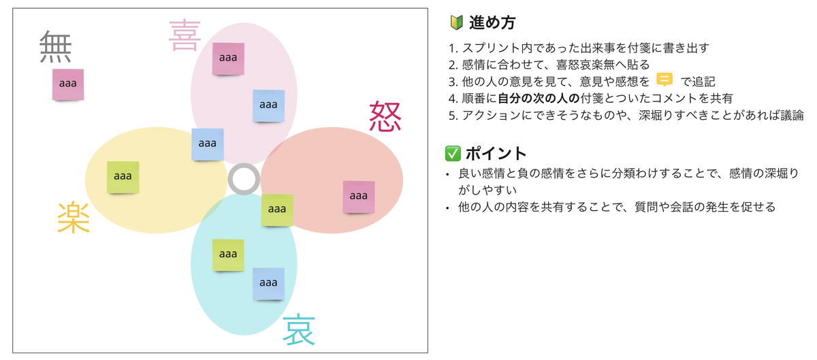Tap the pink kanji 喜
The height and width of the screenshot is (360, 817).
point(184,35)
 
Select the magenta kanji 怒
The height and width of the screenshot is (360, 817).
point(385,116)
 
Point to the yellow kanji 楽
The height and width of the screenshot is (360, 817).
point(74,218)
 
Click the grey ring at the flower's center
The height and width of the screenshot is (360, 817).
point(243,179)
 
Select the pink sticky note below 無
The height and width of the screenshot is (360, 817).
point(68,84)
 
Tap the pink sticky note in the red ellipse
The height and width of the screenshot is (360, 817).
point(359,197)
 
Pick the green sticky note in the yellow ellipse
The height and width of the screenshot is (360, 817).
point(123,177)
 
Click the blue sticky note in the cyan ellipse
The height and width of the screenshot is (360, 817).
point(268,284)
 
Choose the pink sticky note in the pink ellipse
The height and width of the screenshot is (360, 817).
point(228,59)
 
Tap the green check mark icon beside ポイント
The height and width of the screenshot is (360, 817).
point(455,152)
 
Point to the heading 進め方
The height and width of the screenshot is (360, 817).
point(492,23)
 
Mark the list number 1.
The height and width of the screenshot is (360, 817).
point(453,48)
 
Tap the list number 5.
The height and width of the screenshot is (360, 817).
point(453,115)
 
